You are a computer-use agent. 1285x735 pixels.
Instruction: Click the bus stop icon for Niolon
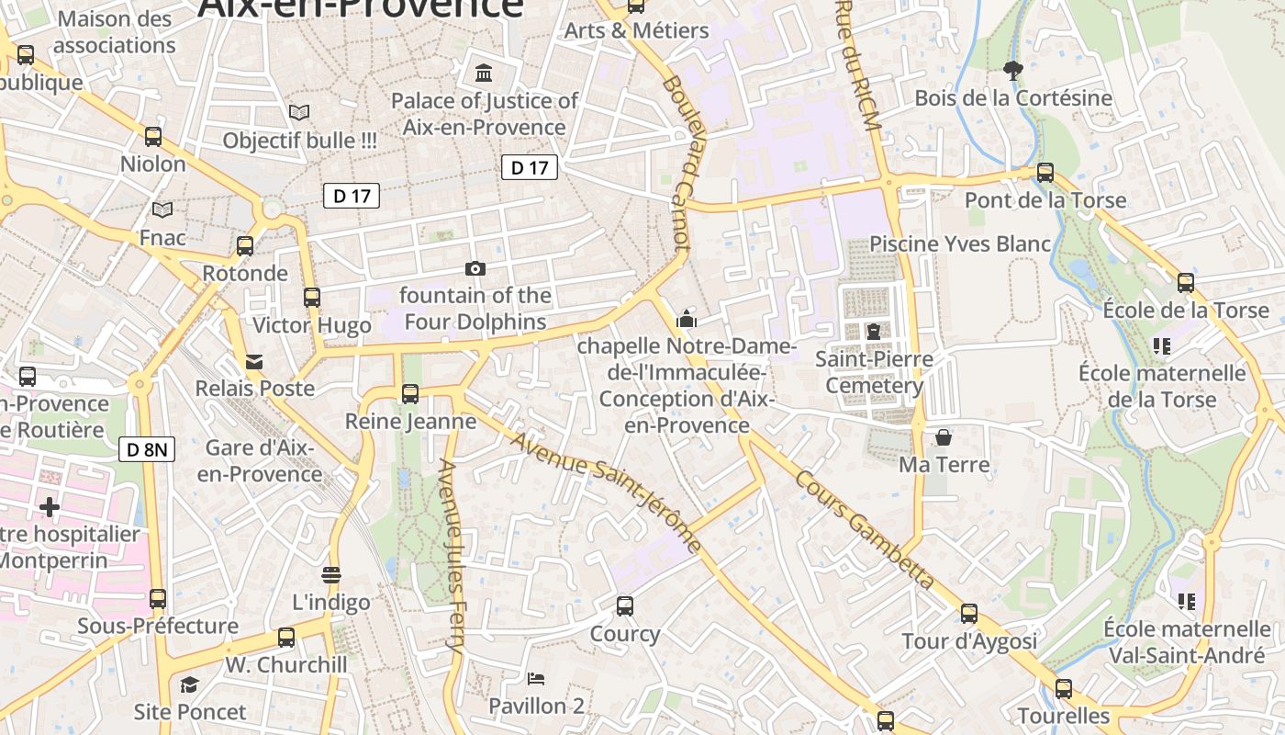tap(153, 137)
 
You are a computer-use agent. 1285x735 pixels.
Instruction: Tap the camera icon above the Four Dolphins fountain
tap(475, 268)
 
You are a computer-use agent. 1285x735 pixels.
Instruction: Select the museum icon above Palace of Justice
tap(483, 73)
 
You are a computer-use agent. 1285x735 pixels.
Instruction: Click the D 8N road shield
tap(147, 449)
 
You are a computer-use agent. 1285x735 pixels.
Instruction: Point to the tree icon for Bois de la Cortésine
tap(1013, 70)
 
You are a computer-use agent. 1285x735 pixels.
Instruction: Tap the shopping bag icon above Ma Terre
tap(944, 437)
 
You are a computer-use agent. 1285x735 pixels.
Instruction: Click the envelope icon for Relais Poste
tap(254, 362)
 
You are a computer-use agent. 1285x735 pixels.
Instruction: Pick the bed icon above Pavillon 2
tap(536, 679)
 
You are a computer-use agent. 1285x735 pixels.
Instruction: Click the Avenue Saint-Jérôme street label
tap(606, 493)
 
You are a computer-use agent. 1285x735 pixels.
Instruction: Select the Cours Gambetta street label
tap(864, 530)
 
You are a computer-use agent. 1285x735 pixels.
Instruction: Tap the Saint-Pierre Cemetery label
tap(874, 372)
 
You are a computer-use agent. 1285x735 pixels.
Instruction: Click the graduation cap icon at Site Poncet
tap(189, 684)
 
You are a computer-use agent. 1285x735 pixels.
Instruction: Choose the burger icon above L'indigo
tap(331, 575)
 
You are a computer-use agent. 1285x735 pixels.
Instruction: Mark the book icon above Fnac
tap(162, 210)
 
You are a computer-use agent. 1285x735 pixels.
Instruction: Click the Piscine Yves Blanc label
tap(959, 243)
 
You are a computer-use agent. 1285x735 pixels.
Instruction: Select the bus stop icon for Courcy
tap(625, 606)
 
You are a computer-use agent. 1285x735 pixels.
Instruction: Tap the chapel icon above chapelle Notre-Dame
tap(686, 319)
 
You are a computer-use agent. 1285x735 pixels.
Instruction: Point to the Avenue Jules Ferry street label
tap(453, 556)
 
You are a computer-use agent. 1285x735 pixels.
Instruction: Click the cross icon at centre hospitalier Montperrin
tap(50, 506)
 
